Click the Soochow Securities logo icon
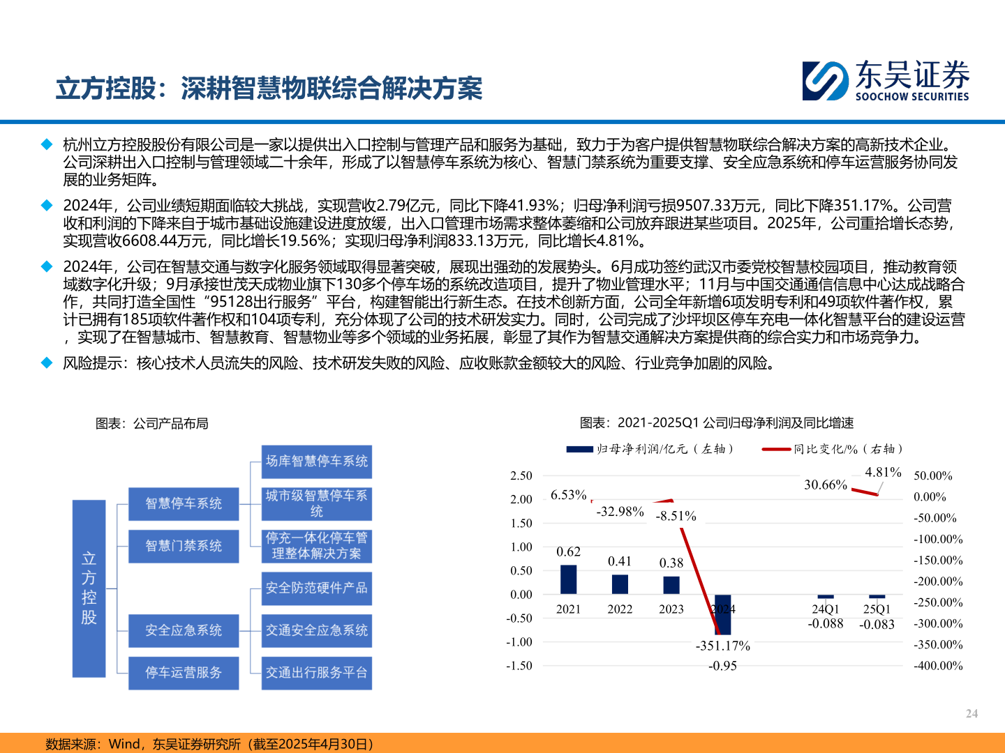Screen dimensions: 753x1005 (x=825, y=81)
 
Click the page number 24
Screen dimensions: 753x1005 (x=971, y=713)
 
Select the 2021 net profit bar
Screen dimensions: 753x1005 (x=569, y=579)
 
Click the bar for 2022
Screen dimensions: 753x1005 (x=620, y=584)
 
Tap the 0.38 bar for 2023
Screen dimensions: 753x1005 (x=671, y=585)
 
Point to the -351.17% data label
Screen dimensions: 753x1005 (x=722, y=646)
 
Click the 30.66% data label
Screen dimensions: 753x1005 (x=826, y=485)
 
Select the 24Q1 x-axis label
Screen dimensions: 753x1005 (x=826, y=609)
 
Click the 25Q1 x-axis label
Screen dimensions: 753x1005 (x=877, y=609)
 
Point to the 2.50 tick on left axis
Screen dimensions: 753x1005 (x=521, y=476)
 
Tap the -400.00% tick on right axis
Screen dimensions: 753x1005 (x=938, y=666)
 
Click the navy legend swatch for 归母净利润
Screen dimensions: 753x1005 (x=579, y=449)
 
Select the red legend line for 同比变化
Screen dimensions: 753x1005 (x=776, y=449)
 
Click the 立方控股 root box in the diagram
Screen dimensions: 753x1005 (x=89, y=588)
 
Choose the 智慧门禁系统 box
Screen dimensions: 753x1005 (x=184, y=546)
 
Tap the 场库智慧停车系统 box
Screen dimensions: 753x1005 (x=317, y=461)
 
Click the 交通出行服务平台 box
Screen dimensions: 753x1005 (x=317, y=673)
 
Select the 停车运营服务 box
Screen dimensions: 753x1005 (x=184, y=673)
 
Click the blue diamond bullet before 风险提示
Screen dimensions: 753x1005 (x=47, y=363)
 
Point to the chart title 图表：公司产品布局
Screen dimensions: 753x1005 (x=152, y=423)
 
